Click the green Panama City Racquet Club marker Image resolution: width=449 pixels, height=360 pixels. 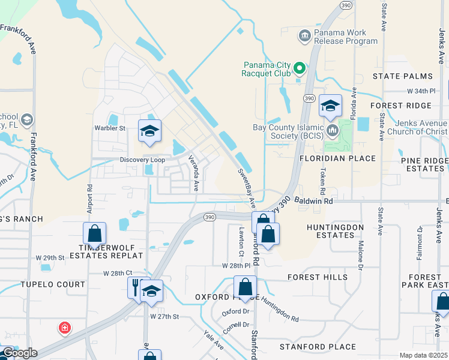pyautogui.click(x=299, y=70)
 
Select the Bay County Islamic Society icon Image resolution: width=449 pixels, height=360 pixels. pyautogui.click(x=333, y=128)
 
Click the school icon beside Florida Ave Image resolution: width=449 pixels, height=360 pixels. pyautogui.click(x=330, y=106)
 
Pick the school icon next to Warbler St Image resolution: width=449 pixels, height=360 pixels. pyautogui.click(x=149, y=131)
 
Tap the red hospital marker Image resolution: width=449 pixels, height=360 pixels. pyautogui.click(x=64, y=328)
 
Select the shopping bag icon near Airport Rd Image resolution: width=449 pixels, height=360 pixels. pyautogui.click(x=94, y=233)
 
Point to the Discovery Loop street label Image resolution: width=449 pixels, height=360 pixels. pyautogui.click(x=142, y=160)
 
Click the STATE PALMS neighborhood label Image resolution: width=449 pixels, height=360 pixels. pyautogui.click(x=402, y=76)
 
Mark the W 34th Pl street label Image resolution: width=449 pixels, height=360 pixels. pyautogui.click(x=420, y=91)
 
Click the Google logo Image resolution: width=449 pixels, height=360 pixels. pyautogui.click(x=19, y=353)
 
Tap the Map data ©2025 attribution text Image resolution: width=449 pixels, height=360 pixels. pyautogui.click(x=423, y=355)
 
